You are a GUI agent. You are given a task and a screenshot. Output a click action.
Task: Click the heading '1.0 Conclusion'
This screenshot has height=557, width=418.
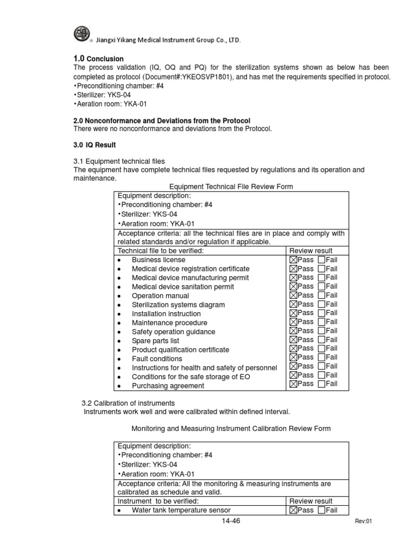99,59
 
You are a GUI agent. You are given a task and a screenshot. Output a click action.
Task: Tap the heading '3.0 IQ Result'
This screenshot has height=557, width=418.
95,145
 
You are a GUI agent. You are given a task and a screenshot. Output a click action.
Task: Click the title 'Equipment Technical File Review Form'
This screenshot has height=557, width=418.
231,187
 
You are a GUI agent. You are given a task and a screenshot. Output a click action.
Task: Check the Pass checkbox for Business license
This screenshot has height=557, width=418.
293,260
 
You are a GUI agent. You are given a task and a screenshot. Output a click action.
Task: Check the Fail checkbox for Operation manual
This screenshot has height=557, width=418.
321,295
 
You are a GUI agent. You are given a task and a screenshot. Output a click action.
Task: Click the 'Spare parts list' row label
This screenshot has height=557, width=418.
155,341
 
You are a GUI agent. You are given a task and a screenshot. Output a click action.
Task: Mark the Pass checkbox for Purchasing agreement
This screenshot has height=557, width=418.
293,384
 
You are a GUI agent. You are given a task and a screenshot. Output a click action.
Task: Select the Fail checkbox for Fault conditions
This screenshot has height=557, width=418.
321,357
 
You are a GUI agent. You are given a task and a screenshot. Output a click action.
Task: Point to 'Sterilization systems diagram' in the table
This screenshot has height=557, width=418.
178,305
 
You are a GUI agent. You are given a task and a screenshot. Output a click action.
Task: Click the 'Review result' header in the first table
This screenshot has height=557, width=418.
311,250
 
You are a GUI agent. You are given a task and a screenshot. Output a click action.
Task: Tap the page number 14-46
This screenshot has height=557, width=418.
231,521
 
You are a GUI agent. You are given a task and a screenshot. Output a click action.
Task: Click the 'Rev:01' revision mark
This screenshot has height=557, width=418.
362,521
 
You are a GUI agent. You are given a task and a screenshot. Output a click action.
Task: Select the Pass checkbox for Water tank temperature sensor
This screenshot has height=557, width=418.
293,510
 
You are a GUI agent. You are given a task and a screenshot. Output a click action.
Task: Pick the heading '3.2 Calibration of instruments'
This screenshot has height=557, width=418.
128,403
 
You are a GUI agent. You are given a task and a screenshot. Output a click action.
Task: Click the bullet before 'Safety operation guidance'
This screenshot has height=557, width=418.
119,332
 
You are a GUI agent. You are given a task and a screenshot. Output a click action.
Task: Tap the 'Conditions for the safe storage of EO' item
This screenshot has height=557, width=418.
191,376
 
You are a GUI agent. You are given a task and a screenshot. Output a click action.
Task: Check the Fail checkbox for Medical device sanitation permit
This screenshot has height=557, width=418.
321,286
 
